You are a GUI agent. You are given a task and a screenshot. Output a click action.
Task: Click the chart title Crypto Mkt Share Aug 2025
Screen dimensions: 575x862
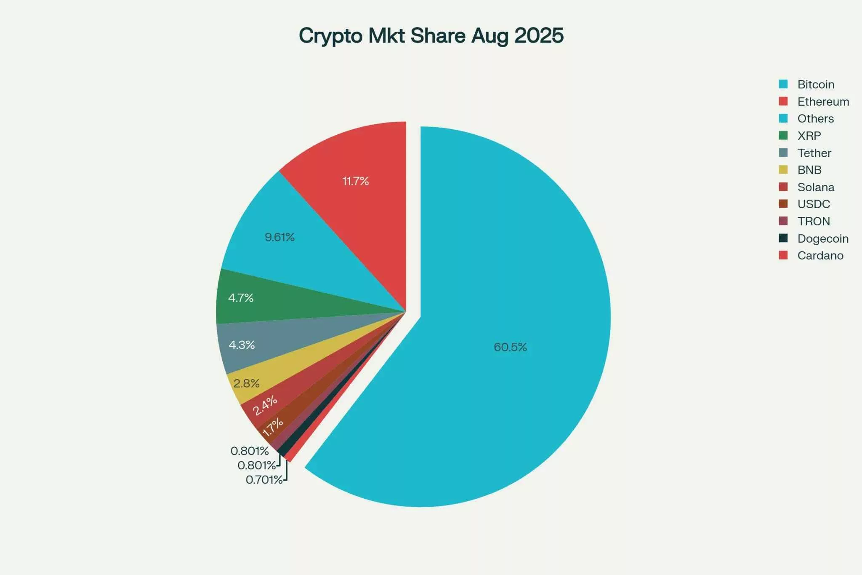point(431,36)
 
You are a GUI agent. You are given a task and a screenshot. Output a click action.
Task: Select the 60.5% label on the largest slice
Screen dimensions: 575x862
point(510,347)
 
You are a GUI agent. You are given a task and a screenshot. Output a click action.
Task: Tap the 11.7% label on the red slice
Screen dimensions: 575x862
point(356,181)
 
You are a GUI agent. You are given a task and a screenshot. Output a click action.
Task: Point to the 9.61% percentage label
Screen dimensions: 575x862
point(279,237)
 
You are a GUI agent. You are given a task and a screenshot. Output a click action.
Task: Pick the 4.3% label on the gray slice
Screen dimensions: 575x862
point(242,345)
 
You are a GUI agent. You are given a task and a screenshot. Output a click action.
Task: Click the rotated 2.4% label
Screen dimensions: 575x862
point(265,405)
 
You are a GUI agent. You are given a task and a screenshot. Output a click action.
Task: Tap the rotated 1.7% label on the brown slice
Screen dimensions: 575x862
point(273,427)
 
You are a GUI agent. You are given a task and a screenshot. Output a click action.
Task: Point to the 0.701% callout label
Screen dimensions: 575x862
point(264,480)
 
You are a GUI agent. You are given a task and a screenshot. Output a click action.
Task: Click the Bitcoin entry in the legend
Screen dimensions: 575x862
point(816,84)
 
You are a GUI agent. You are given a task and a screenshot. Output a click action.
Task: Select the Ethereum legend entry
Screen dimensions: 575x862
point(823,102)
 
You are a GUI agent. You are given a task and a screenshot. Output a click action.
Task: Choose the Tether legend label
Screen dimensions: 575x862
point(814,153)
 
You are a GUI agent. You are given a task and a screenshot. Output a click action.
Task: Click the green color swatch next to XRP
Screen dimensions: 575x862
point(783,136)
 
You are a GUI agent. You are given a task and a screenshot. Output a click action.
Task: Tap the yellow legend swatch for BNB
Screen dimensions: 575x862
point(783,170)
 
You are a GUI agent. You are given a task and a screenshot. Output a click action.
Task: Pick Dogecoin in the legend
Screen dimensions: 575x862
point(822,238)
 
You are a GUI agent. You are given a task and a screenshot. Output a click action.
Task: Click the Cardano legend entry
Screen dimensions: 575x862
point(820,255)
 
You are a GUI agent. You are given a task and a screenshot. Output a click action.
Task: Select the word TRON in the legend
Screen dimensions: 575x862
point(814,221)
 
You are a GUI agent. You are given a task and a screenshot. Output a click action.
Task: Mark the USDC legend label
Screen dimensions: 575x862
point(814,204)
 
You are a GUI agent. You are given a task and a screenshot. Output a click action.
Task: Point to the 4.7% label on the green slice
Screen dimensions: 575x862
point(241,298)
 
